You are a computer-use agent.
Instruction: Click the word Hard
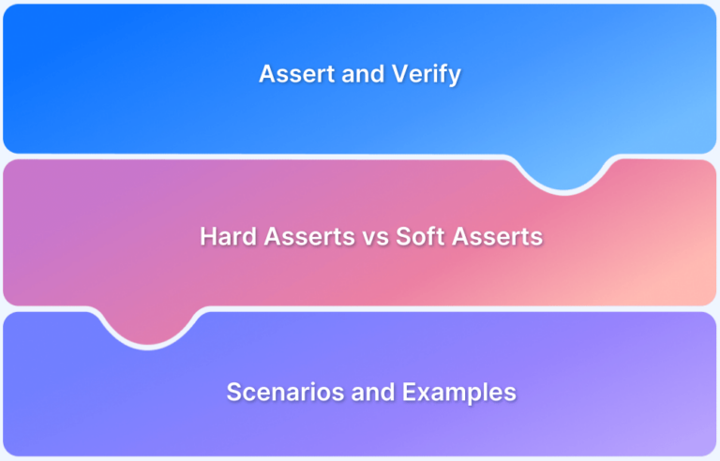click(228, 236)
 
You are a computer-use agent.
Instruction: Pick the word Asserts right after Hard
click(309, 236)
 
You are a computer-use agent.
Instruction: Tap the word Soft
click(420, 236)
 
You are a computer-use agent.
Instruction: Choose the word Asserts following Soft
click(497, 236)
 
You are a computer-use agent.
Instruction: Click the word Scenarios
click(285, 392)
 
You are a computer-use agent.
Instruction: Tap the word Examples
click(459, 394)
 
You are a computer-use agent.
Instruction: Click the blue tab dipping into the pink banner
click(563, 173)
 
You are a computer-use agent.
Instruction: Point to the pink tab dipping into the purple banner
click(148, 327)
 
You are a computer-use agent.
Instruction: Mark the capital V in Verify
click(401, 74)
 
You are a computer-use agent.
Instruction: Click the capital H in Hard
click(208, 236)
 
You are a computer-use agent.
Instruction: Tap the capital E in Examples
click(410, 393)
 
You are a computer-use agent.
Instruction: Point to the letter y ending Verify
click(454, 78)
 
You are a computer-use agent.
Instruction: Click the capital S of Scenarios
click(234, 392)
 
